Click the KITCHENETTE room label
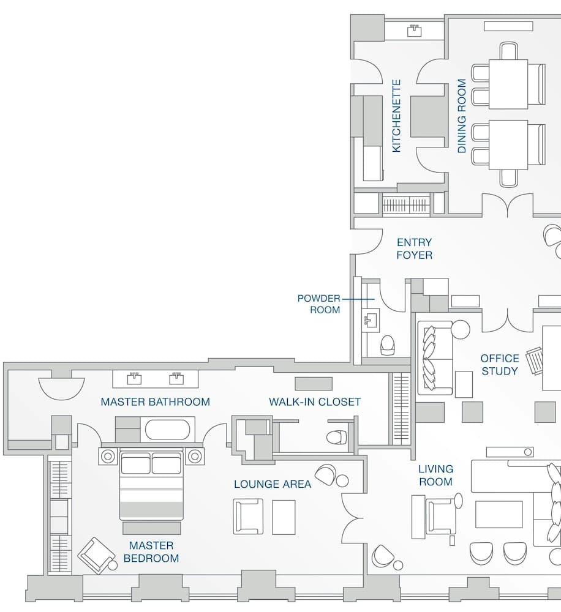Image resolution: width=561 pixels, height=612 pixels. click(396, 116)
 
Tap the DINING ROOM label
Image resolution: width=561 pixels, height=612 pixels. click(462, 116)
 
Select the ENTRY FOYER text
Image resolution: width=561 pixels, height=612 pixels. click(414, 248)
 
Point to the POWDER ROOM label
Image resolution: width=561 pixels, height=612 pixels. click(318, 304)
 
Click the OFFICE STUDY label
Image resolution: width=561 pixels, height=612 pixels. click(499, 365)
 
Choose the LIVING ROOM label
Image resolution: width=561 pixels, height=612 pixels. click(435, 475)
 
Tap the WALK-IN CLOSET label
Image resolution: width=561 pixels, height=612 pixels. click(315, 402)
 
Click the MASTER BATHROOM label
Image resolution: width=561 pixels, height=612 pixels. click(155, 402)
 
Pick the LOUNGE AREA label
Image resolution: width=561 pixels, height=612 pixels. click(273, 484)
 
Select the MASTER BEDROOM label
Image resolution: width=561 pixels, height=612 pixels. click(151, 551)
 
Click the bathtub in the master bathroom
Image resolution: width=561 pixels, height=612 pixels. click(167, 429)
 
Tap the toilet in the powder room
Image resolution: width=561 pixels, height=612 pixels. click(388, 345)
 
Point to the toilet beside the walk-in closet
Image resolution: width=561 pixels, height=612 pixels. click(336, 437)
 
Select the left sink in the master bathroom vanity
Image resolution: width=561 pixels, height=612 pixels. click(134, 378)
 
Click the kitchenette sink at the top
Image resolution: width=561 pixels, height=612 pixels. click(415, 29)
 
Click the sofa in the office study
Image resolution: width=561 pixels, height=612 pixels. click(435, 358)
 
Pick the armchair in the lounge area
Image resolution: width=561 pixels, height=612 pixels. click(248, 516)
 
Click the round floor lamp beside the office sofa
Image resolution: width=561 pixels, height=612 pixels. click(461, 329)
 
